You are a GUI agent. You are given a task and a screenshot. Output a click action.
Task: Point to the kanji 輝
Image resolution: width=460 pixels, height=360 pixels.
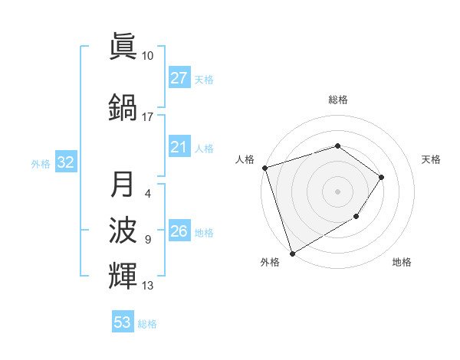click(123, 275)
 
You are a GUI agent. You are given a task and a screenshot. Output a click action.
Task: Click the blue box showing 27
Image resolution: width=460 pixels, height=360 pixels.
click(179, 78)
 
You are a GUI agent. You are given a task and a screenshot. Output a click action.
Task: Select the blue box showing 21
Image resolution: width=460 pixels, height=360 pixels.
click(179, 147)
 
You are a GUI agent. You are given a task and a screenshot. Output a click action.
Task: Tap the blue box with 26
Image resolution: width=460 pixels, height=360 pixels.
click(179, 231)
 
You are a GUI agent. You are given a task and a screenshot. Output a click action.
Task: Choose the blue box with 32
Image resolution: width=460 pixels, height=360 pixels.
click(65, 162)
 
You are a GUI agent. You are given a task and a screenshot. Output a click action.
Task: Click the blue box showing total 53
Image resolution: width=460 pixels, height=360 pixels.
click(122, 322)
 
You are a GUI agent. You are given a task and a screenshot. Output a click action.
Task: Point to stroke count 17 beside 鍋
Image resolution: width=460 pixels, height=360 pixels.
click(148, 117)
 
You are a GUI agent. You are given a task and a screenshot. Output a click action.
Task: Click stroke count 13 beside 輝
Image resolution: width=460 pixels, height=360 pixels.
click(148, 286)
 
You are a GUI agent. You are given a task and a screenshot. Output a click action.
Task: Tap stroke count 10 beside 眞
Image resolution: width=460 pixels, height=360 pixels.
click(148, 56)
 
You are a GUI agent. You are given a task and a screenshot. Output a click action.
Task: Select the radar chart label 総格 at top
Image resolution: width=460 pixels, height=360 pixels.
click(337, 100)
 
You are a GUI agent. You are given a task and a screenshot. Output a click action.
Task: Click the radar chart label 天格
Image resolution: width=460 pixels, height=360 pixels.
click(432, 159)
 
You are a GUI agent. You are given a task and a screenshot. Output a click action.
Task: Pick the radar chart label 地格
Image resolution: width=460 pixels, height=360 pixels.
click(402, 262)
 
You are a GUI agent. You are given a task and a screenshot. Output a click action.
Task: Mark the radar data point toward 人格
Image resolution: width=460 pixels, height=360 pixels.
click(264, 168)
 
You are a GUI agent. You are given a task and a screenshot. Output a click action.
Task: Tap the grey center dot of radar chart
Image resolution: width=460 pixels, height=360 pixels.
click(337, 191)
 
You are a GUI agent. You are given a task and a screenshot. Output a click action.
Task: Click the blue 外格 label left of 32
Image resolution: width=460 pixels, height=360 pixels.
click(41, 163)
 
